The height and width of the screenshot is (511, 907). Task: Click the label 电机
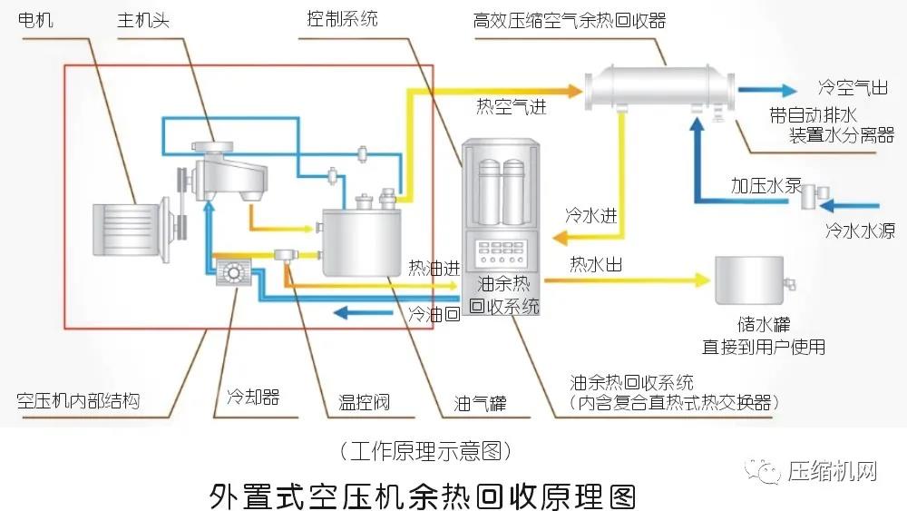point(36,18)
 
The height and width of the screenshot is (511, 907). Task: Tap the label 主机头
point(143,18)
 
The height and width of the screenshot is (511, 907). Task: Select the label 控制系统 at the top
point(343,18)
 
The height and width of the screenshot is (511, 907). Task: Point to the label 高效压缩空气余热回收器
point(570,19)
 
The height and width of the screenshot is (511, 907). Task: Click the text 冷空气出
point(852,89)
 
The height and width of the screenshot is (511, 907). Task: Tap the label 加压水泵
point(766,186)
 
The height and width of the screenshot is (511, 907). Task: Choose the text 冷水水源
point(860,231)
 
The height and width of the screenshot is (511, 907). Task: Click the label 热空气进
point(512,107)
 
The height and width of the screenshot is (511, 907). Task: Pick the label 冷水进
point(591,216)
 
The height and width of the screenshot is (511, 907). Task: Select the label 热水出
point(595,265)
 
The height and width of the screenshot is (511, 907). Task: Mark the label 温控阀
point(364,401)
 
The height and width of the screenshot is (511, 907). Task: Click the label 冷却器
point(252,397)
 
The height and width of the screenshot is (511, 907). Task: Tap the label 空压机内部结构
point(79,400)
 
